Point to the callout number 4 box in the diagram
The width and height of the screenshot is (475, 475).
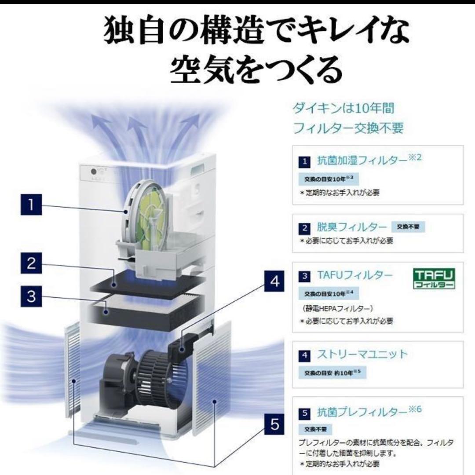(274, 281)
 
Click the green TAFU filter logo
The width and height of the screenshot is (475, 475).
(435, 279)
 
